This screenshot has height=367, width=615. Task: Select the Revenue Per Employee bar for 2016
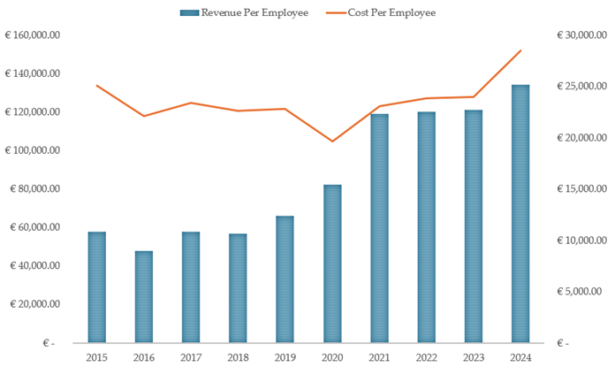143,297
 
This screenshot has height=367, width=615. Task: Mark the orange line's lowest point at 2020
332,141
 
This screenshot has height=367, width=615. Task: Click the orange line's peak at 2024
520,50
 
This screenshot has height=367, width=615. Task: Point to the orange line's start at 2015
96,86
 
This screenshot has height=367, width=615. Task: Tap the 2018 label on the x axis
238,356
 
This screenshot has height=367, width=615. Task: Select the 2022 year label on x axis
426,356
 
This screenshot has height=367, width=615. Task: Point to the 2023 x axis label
474,356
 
